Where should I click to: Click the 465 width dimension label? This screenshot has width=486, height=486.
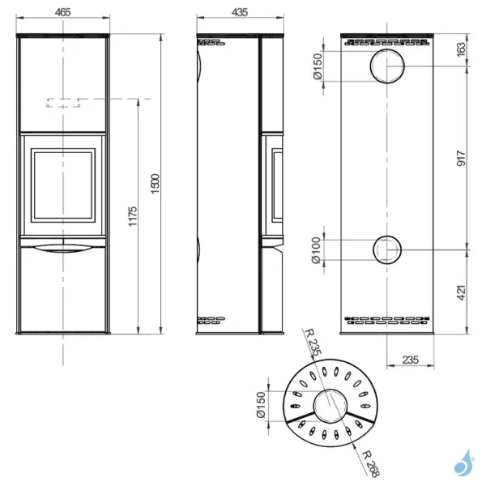[63, 12]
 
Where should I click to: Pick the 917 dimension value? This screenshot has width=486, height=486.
[461, 158]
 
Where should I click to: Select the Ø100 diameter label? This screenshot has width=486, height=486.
[319, 249]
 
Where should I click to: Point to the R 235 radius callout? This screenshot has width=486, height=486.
[311, 345]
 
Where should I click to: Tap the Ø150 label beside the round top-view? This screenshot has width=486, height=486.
[260, 405]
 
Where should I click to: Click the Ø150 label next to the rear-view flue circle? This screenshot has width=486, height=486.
[318, 66]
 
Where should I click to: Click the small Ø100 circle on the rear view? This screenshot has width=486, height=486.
[386, 249]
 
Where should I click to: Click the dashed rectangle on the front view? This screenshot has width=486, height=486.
[63, 103]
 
